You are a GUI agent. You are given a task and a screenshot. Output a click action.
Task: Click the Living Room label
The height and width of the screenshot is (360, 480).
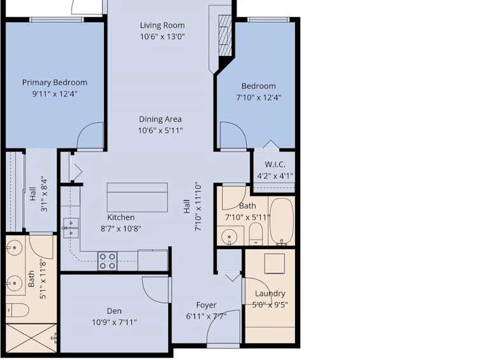coord(163,25)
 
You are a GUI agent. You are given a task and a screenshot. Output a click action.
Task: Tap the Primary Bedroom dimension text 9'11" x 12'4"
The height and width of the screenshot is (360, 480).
coord(55,94)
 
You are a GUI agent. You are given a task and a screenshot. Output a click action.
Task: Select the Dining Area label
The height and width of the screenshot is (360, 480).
coord(160,119)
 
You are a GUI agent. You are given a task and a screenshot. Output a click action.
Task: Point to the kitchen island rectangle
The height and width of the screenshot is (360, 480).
coord(137,198)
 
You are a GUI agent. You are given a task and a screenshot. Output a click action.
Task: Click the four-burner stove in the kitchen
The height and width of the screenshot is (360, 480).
coord(108,261)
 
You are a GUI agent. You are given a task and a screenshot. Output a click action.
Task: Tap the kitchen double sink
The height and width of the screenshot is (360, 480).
coord(71,228)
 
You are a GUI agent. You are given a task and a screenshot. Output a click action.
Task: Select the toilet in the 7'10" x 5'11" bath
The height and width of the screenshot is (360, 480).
coord(256,234)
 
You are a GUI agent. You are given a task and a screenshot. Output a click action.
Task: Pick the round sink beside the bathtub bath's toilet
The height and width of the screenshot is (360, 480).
coord(229,236)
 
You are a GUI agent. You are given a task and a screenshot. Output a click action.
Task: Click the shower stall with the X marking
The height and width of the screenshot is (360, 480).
coord(31,338)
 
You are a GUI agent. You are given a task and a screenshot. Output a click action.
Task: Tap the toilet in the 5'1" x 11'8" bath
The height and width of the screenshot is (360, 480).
coord(17,310)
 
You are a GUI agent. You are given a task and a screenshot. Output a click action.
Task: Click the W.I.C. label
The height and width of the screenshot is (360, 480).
coord(275,164)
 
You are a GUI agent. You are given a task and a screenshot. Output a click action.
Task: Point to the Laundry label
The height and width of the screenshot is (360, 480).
coord(270,294)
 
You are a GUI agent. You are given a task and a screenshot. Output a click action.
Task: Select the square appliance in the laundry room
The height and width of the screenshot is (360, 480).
coord(275,263)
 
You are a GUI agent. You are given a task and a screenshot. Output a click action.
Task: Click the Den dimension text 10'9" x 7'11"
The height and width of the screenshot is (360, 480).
coord(114,322)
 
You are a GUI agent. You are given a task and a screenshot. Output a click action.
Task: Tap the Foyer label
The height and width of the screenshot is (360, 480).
coord(206,305)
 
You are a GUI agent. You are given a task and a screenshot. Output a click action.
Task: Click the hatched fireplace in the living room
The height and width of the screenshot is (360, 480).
coord(225,36)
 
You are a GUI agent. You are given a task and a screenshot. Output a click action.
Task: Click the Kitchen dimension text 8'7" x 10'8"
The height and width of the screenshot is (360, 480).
coord(121,229)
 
